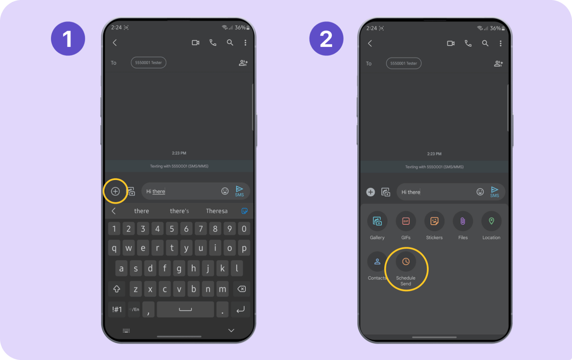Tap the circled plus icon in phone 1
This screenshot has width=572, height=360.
(x=115, y=191)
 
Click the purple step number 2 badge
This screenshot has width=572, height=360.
(x=326, y=39)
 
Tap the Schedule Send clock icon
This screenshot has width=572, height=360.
(x=406, y=262)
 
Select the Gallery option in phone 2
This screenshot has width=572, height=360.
(x=377, y=221)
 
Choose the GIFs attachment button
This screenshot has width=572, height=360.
(x=406, y=221)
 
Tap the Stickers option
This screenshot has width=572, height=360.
(x=434, y=221)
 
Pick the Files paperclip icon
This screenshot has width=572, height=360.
(x=463, y=221)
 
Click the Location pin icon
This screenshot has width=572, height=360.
(x=491, y=221)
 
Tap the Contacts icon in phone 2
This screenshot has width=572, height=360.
(x=377, y=262)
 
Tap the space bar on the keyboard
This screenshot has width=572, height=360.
(x=185, y=309)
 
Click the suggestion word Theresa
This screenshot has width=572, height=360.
(x=217, y=211)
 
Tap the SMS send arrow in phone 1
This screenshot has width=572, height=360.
(x=239, y=191)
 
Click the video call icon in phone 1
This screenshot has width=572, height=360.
(x=196, y=43)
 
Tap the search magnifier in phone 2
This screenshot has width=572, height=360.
(x=485, y=43)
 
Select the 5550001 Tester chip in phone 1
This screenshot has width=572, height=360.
(x=148, y=63)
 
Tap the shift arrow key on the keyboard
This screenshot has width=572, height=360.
(x=117, y=289)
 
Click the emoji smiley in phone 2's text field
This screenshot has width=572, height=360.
(x=480, y=192)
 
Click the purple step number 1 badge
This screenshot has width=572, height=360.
(x=68, y=39)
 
